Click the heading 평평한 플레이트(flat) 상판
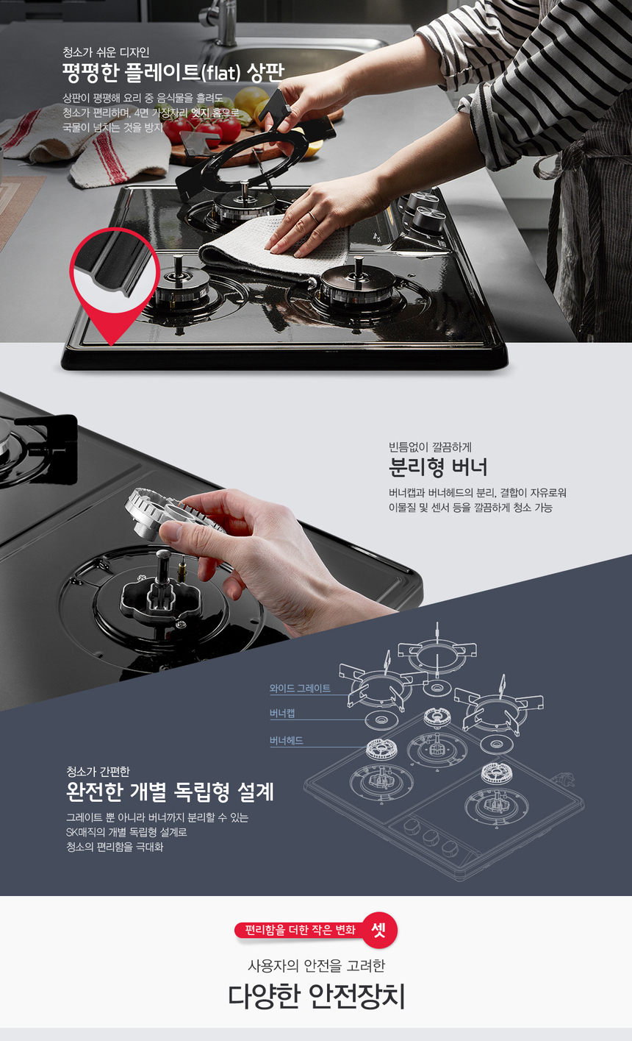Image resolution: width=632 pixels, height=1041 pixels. pos(173,73)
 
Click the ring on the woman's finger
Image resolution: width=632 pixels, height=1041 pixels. pos(314,217)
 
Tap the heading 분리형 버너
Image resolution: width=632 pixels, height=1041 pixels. pos(437,467)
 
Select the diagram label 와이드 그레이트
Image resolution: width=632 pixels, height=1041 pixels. pos(300,689)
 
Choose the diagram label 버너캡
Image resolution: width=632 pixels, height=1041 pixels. pos(282,714)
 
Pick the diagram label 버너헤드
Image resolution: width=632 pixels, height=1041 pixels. pos(286,740)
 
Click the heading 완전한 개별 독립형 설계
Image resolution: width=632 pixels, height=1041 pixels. pos(170,792)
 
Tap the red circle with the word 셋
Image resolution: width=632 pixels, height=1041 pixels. pos(379,930)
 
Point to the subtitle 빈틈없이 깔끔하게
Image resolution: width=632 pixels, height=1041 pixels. pos(430,447)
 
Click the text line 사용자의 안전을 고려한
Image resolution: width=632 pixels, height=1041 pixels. pos(316,966)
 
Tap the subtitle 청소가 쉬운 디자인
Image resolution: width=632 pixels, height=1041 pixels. pos(106,52)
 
